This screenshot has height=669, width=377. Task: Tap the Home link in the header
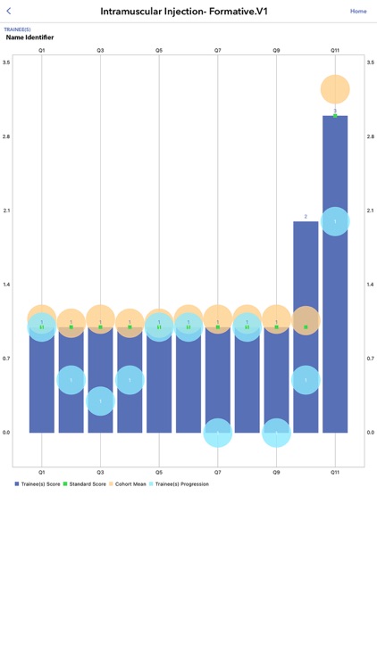[357, 12]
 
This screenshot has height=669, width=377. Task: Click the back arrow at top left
[9, 12]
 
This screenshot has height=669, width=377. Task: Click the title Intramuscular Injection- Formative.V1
[184, 12]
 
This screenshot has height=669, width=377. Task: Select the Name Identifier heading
[29, 37]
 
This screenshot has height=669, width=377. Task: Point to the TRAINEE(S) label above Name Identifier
[17, 29]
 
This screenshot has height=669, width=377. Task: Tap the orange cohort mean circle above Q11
[335, 89]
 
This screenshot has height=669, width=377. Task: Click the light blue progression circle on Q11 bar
[335, 221]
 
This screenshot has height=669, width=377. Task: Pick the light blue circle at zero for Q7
[218, 433]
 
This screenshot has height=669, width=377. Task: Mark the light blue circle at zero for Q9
[276, 433]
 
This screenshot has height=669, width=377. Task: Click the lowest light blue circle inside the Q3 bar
[100, 401]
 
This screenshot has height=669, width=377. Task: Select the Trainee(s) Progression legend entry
[181, 483]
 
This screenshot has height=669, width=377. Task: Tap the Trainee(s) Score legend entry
[40, 483]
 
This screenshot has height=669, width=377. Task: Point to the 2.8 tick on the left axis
[6, 136]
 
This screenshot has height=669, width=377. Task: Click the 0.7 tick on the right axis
[371, 359]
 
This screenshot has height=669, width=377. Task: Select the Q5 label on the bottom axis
[159, 473]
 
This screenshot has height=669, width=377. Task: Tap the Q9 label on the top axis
[276, 51]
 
